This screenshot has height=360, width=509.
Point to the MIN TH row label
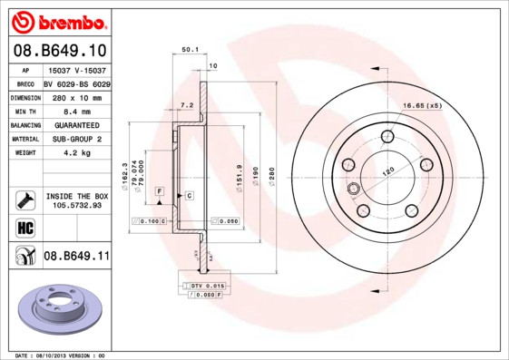(x=24, y=111)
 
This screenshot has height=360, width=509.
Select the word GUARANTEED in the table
(x=75, y=125)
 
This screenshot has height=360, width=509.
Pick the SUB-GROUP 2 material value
(x=75, y=140)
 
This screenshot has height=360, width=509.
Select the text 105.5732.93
(x=76, y=206)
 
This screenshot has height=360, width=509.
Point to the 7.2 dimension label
(x=187, y=106)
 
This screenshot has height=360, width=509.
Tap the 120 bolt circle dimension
(x=389, y=170)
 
